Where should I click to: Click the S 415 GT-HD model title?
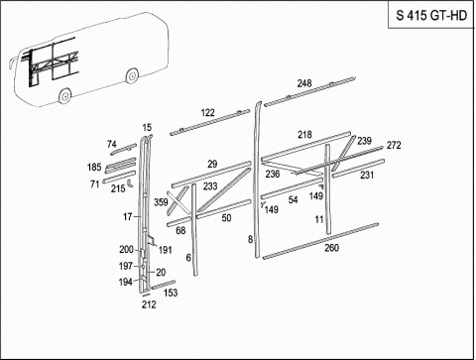(x=431, y=16)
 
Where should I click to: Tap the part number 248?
(x=304, y=83)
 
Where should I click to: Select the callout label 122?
(x=207, y=113)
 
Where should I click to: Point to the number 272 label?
(x=394, y=145)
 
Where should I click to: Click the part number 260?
(x=331, y=248)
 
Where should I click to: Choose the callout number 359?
(x=161, y=201)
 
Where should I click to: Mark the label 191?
(x=165, y=250)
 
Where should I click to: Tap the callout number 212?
(x=149, y=304)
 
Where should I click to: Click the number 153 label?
(x=171, y=293)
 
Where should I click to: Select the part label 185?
(x=94, y=168)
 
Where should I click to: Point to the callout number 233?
(x=210, y=186)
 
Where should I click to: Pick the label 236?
(x=273, y=174)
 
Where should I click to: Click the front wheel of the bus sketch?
(x=64, y=95)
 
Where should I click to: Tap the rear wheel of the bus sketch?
(x=132, y=75)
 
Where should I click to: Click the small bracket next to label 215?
(x=130, y=183)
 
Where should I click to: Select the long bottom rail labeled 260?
(x=320, y=241)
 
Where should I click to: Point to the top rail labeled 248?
(x=309, y=92)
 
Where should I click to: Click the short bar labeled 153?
(x=164, y=285)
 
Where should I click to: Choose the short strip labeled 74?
(x=123, y=149)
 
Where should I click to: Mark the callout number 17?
(x=127, y=217)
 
